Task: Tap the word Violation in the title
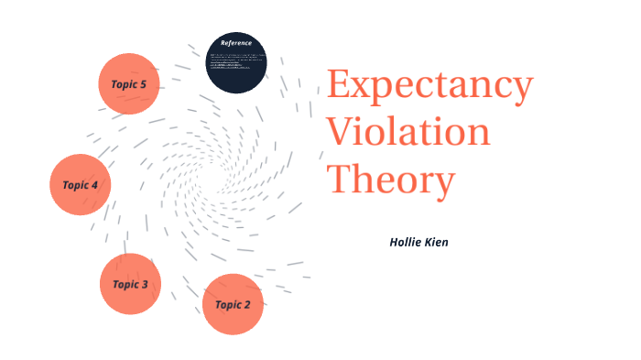point(409,133)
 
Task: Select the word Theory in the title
point(391,179)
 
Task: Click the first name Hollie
point(406,244)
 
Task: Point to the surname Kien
point(437,244)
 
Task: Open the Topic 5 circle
point(129,84)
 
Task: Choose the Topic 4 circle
point(81,184)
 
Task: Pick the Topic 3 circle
point(130,284)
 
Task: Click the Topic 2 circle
point(233,304)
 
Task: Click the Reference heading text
point(236,43)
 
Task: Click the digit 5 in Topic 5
point(143,84)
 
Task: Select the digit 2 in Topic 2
point(246,304)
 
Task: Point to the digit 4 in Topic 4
point(94,184)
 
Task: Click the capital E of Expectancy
point(340,87)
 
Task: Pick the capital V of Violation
point(342,133)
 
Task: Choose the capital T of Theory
point(341,179)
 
